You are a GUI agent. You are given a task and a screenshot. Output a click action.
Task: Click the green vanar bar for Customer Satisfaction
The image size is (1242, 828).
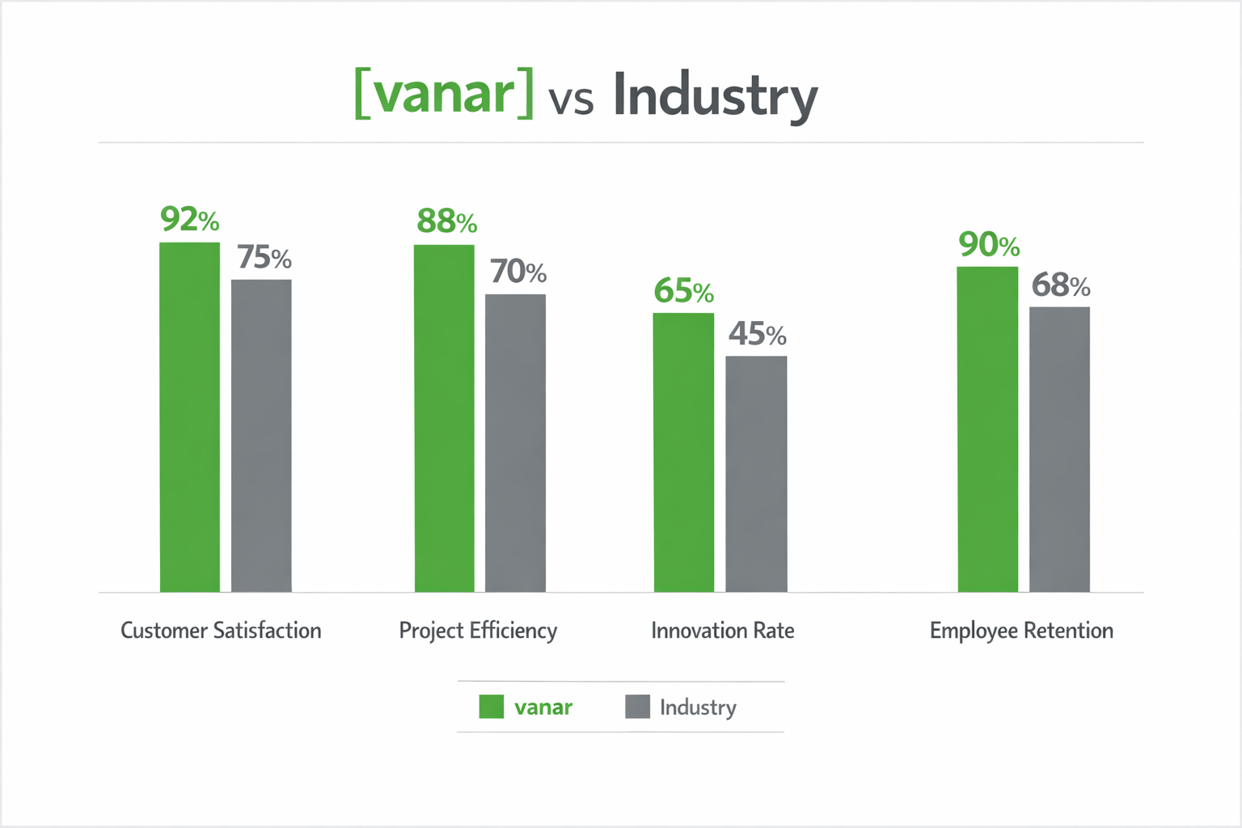tap(190, 416)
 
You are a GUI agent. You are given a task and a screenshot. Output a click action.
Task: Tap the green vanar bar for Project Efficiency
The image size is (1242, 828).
tap(444, 418)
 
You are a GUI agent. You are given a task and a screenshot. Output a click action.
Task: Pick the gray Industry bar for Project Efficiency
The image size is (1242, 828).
tap(515, 442)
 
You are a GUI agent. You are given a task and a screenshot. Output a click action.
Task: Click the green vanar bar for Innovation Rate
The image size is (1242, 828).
tap(684, 452)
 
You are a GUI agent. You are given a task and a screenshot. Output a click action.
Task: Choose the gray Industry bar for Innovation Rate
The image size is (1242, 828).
tap(756, 473)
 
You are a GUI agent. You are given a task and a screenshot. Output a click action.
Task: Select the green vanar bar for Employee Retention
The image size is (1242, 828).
tap(987, 429)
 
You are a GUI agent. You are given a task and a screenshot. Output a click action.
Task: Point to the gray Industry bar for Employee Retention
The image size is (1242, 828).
tap(1059, 449)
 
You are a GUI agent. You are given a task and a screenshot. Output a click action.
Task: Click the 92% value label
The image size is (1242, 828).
tap(190, 219)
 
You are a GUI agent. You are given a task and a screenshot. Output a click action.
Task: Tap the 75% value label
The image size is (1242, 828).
tap(264, 258)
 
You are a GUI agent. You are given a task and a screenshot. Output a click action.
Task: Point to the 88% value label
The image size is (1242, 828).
tap(447, 222)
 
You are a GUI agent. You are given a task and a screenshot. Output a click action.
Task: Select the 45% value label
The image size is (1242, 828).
tap(758, 334)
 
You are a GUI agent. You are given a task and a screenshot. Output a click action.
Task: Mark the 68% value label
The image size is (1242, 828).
tap(1061, 285)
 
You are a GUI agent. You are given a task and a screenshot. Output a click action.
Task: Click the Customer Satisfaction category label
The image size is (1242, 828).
tap(221, 631)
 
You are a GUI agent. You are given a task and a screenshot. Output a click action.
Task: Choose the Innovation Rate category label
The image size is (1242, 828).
tap(723, 631)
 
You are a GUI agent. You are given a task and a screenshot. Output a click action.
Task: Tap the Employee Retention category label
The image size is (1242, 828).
tap(1021, 631)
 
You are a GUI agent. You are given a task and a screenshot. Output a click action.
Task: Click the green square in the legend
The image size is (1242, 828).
tap(492, 707)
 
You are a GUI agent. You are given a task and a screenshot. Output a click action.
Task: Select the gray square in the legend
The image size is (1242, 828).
tap(637, 707)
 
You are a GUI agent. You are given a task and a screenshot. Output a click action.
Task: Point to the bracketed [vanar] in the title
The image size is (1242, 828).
tap(444, 93)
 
